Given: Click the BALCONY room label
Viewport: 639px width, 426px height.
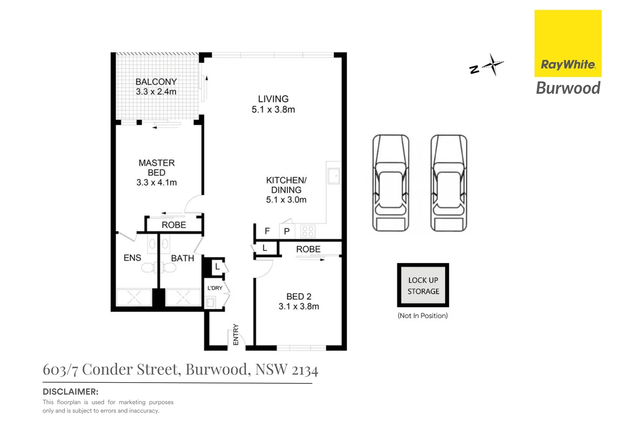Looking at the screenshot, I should (x=156, y=82).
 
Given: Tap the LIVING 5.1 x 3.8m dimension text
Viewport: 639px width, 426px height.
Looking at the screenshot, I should (x=273, y=110).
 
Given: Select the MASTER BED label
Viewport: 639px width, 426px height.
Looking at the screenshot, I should (x=157, y=168).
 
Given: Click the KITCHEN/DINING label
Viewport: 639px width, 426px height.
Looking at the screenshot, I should (x=286, y=185).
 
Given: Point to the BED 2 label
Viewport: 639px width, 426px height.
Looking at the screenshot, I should (x=299, y=297).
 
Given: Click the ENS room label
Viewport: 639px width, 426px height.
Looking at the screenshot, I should (x=132, y=258).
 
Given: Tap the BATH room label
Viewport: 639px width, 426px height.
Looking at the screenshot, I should (x=182, y=258).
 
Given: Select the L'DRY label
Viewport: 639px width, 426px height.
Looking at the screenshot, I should (x=215, y=288).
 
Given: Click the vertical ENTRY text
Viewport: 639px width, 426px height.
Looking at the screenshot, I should (x=236, y=334).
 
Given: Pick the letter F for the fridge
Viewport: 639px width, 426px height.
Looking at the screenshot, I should (x=267, y=231).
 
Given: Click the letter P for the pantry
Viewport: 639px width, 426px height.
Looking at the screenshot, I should (x=287, y=232).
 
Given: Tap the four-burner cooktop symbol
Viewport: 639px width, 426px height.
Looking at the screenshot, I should (x=308, y=232).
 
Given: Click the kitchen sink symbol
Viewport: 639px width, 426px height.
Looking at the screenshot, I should (x=334, y=176).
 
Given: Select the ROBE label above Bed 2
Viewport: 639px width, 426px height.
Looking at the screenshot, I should (x=308, y=249).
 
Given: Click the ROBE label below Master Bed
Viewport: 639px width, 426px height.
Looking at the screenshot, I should (x=174, y=225).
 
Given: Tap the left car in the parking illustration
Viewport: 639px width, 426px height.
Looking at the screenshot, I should (x=391, y=183).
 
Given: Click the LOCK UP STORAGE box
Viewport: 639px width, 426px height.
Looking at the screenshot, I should (x=423, y=286).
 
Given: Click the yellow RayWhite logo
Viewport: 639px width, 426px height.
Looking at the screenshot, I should (x=568, y=43).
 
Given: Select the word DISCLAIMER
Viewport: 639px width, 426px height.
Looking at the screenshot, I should (x=70, y=392).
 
